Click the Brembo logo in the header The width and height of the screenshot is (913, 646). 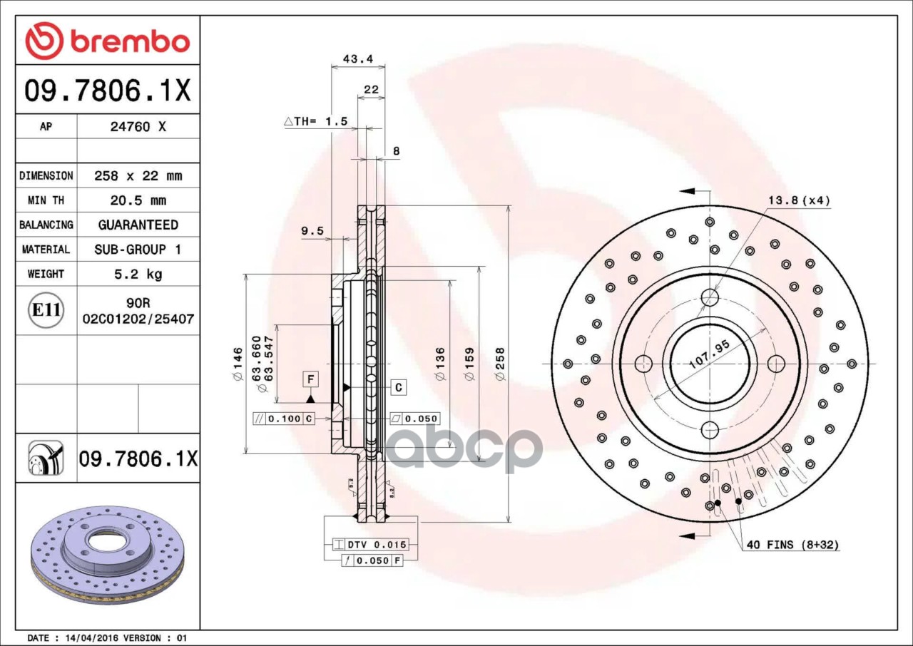click(x=108, y=41)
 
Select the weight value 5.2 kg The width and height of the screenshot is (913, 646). click(x=138, y=274)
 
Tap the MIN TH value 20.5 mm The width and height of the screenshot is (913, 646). click(x=138, y=200)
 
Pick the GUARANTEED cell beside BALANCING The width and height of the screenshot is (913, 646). click(x=138, y=225)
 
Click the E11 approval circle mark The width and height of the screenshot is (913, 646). click(x=46, y=310)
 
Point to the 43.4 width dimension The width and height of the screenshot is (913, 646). click(x=358, y=59)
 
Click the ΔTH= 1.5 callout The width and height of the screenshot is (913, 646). click(x=316, y=121)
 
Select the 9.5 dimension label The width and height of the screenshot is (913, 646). click(x=312, y=231)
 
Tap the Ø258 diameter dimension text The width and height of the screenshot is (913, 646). click(x=500, y=364)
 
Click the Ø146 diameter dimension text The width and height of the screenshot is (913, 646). click(x=238, y=364)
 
